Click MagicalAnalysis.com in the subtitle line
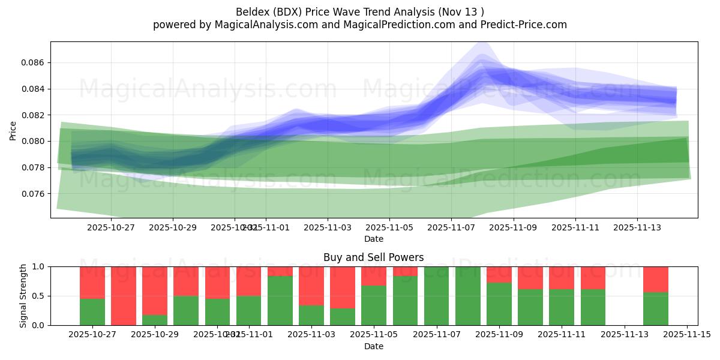(x=261, y=25)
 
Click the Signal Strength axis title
(x=23, y=296)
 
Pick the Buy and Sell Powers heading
(x=373, y=257)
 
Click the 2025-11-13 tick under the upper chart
(x=637, y=228)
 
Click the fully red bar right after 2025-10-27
(x=124, y=296)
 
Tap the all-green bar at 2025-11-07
(x=436, y=296)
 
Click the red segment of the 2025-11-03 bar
(x=311, y=285)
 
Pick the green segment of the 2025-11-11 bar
(x=562, y=307)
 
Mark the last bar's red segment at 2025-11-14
(x=655, y=279)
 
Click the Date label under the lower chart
(x=373, y=346)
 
